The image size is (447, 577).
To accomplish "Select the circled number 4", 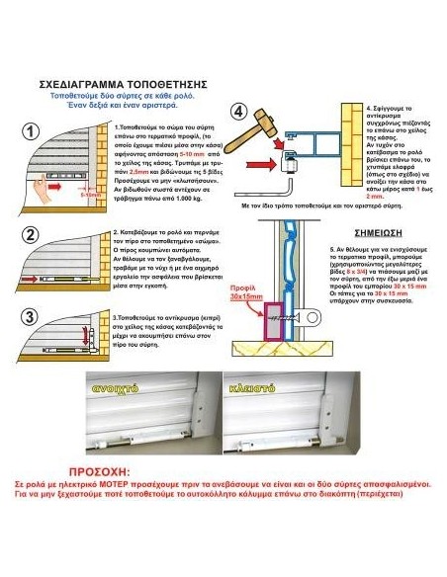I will pyautogui.click(x=239, y=110).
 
